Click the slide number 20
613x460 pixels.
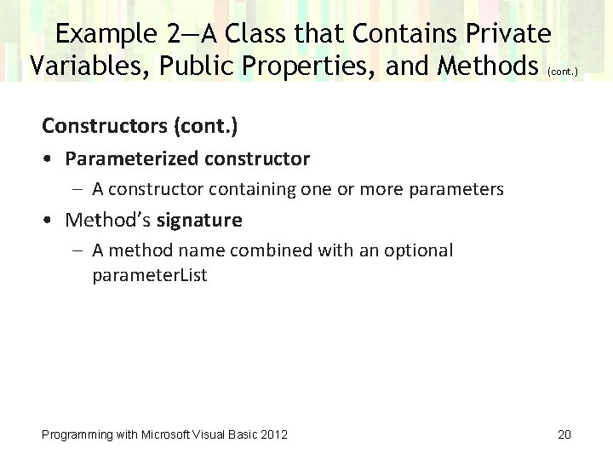pyautogui.click(x=564, y=434)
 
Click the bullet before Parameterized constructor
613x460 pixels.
pyautogui.click(x=52, y=159)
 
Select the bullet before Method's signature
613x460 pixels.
pyautogui.click(x=52, y=221)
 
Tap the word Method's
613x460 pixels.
pyautogui.click(x=108, y=221)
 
